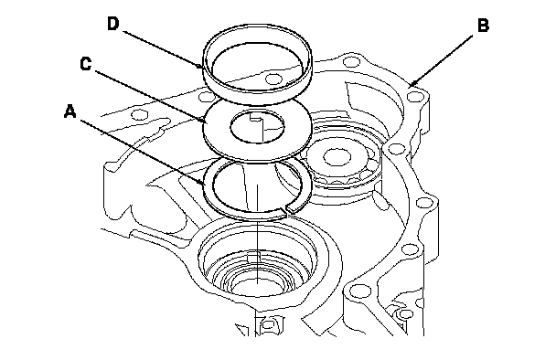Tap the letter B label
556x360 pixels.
coord(483,26)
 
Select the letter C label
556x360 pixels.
coord(85,64)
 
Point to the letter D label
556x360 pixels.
coord(112,24)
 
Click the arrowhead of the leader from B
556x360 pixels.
coord(412,84)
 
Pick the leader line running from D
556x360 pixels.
coord(163,49)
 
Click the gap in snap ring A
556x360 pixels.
coord(286,210)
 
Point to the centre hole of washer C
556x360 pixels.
coord(258,126)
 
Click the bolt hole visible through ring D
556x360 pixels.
coord(273,79)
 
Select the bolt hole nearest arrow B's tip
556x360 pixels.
coord(414,96)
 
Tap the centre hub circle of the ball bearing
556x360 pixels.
coord(333,156)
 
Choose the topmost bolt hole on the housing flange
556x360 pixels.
coord(350,62)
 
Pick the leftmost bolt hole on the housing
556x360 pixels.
coord(139,114)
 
